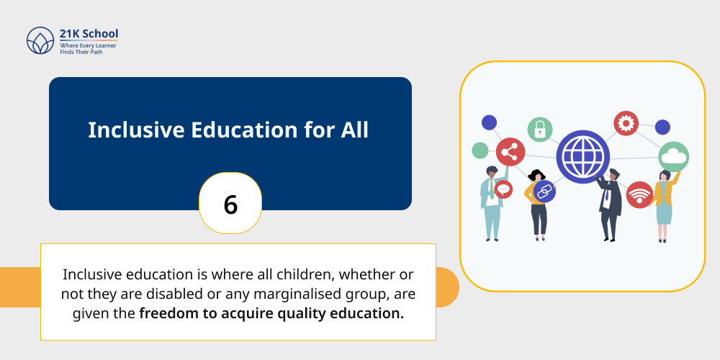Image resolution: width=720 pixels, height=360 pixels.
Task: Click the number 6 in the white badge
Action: (x=230, y=204)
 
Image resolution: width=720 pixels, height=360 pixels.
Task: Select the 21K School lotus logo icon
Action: (x=40, y=41)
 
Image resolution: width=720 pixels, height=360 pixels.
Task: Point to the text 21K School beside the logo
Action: (x=89, y=33)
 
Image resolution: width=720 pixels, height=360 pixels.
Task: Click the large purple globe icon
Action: (x=582, y=156)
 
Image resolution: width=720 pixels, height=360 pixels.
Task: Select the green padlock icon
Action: (x=539, y=130)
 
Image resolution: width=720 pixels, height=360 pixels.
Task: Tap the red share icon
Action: (x=510, y=152)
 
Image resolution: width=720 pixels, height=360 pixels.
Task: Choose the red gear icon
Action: (x=626, y=124)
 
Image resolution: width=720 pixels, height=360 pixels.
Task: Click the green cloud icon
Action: (x=673, y=156)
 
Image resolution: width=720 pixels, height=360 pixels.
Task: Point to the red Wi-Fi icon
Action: (x=639, y=194)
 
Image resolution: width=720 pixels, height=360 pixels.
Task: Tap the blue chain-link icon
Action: (x=544, y=192)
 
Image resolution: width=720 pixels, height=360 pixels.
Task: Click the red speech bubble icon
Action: (x=503, y=190)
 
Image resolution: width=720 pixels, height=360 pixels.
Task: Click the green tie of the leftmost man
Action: (x=492, y=188)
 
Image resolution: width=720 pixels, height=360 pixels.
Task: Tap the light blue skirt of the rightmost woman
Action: (x=663, y=213)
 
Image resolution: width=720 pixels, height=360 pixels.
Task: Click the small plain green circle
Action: (x=480, y=150)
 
